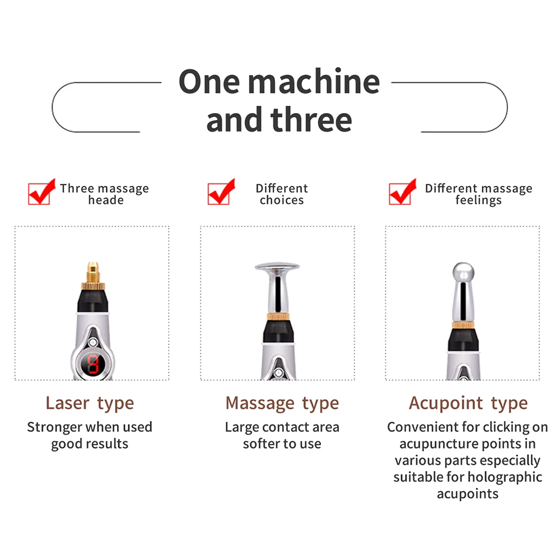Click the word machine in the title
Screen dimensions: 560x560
(x=314, y=82)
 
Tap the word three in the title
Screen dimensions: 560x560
(x=311, y=120)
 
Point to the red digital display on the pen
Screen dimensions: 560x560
(x=91, y=365)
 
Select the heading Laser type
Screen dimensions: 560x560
(x=90, y=403)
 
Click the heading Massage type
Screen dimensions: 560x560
(x=282, y=403)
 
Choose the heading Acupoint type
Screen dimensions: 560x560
(x=468, y=403)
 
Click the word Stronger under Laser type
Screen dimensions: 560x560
(x=54, y=427)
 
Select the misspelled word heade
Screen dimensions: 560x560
(x=105, y=200)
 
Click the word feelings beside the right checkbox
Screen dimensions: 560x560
(x=478, y=200)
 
